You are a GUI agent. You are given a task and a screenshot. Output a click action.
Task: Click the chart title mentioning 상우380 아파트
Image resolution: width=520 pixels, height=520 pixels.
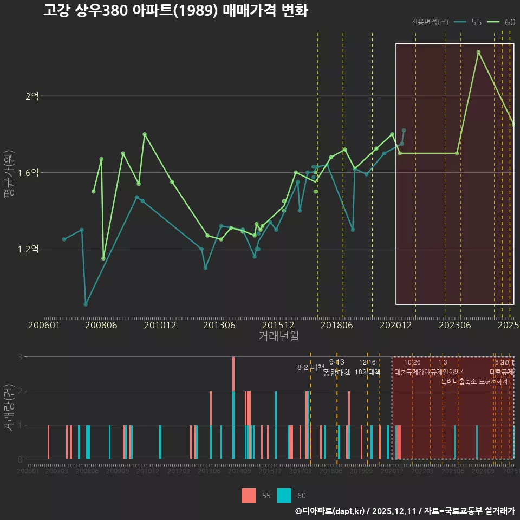(x=175, y=11)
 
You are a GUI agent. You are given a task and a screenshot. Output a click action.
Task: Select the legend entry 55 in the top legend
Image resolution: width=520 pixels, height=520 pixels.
(x=476, y=22)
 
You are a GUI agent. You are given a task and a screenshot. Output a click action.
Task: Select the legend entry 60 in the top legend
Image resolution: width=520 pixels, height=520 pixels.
(x=510, y=22)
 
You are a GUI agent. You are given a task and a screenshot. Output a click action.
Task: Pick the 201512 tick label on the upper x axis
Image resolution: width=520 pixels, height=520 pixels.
(x=278, y=326)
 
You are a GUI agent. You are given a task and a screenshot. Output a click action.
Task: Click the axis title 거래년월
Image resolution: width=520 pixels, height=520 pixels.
(x=278, y=336)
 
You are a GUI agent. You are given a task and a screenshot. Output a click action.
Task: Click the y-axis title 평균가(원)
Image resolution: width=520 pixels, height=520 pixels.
(x=9, y=173)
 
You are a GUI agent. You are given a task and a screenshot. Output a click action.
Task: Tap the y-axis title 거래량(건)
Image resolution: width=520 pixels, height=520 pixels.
(x=9, y=408)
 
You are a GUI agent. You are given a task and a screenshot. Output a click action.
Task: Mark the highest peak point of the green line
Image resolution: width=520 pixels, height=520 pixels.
(x=478, y=52)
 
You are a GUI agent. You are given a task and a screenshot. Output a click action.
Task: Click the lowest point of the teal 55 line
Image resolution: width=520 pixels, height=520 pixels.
(x=86, y=304)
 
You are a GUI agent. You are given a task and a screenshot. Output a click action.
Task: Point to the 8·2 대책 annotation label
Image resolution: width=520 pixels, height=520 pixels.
(x=310, y=367)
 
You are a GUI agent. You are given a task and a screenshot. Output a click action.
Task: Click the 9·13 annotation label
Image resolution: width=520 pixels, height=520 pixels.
(x=336, y=362)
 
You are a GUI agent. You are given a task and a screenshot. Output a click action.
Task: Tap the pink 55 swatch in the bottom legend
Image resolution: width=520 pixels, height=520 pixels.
(x=249, y=495)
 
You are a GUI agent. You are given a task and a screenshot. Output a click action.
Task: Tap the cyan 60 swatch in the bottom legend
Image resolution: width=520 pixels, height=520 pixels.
(x=284, y=495)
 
